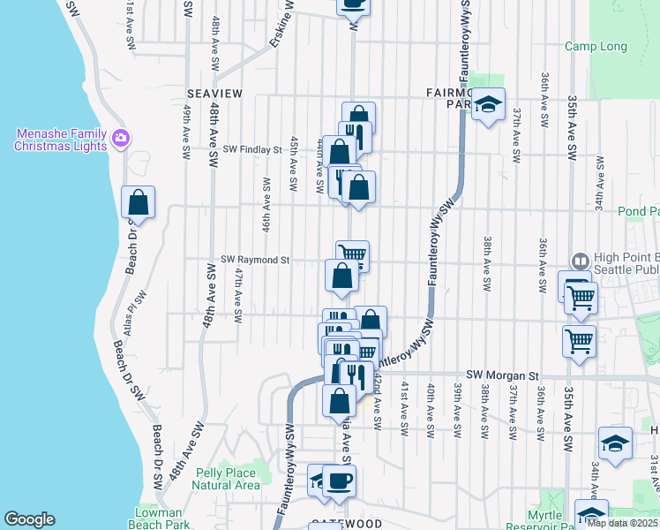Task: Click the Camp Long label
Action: coord(596,47)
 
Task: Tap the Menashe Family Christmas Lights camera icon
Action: coord(121,138)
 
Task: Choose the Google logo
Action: coord(29,519)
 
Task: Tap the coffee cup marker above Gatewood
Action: coord(340,481)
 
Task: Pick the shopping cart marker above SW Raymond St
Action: coord(352,255)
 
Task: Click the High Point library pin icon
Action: coord(580,261)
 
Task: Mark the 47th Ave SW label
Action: coord(238,295)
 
